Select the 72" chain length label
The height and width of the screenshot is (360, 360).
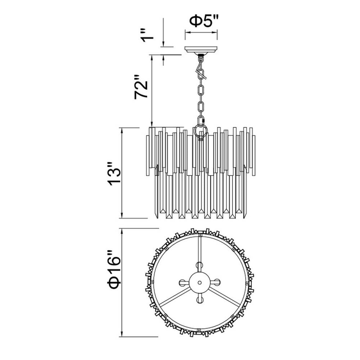141,87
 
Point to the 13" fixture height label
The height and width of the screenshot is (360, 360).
114,174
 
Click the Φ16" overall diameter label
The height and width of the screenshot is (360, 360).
114,270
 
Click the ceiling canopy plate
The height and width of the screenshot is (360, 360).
201,49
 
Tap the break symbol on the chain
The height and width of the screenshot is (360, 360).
201,74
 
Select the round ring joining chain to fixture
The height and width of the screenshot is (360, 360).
201,131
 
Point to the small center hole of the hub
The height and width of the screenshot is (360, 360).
199,282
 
